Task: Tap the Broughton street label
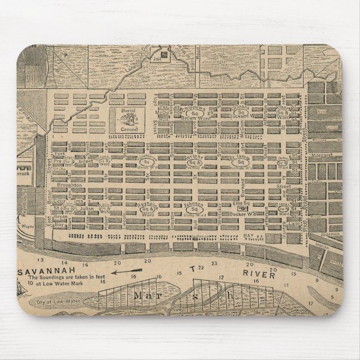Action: [68, 184]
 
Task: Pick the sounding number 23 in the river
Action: [214, 263]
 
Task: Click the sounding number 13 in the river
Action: [40, 260]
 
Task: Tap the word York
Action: [61, 152]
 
